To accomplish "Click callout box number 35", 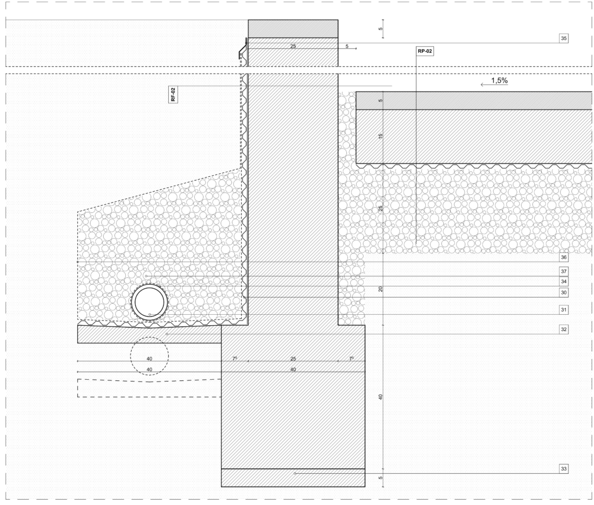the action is [564, 38].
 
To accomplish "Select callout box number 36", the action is [564, 257].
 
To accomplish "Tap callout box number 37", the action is [564, 271].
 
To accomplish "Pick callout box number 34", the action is [564, 282].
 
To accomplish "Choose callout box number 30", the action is [564, 293].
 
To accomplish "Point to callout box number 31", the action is [564, 310].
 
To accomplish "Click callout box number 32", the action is [564, 329].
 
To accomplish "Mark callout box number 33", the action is [564, 468].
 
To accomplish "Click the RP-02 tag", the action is [425, 51].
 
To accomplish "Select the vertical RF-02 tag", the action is [173, 95].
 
